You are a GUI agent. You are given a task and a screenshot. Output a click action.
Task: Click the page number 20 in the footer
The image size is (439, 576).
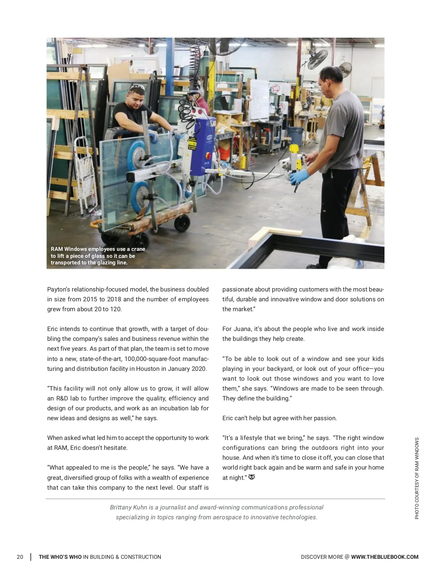pos(20,557)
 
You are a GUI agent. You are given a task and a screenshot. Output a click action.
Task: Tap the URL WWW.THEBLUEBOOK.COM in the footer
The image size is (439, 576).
pos(384,557)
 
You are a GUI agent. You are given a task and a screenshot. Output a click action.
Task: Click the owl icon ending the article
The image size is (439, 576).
pos(252,477)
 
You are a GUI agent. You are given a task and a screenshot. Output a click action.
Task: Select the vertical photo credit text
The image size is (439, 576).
pos(417,478)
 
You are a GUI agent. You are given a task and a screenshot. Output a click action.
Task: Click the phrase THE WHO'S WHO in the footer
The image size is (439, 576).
pos(60,557)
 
